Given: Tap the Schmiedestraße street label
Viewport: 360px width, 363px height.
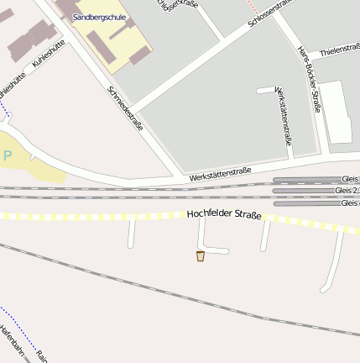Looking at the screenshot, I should coord(126,108).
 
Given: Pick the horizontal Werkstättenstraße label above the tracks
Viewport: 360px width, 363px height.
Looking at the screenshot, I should coord(221,175).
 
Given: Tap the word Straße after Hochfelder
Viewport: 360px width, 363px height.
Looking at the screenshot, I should coord(245,216).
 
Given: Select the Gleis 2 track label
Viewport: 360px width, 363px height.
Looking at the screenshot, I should coord(346,191).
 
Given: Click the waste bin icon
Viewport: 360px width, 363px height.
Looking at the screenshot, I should coord(201,255).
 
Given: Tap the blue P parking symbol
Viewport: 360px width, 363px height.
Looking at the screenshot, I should coord(8,155).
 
